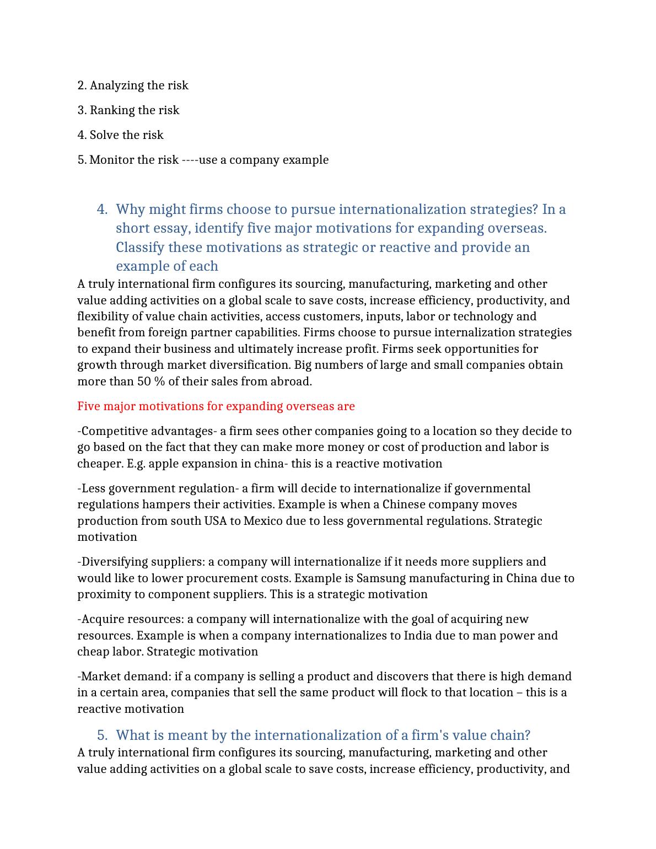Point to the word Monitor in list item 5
pyautogui.click(x=111, y=160)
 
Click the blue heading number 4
pyautogui.click(x=102, y=209)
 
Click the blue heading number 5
pyautogui.click(x=102, y=735)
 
